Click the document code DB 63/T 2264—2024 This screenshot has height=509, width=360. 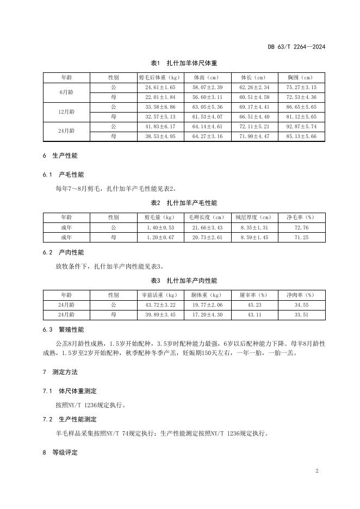[x=296, y=47]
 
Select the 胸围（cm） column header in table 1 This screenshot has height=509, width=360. [x=301, y=78]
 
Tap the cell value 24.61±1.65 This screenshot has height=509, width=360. [x=160, y=88]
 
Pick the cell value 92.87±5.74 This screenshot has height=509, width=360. [x=301, y=127]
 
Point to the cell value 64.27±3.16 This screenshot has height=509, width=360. [x=207, y=136]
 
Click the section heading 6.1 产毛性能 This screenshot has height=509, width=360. [x=64, y=175]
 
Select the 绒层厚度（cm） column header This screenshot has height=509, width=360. [x=254, y=218]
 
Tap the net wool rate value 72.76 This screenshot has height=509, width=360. [x=301, y=227]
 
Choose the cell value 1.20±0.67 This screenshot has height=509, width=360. [x=160, y=238]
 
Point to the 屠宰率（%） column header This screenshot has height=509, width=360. [x=254, y=295]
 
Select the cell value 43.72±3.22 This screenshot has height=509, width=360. [x=160, y=305]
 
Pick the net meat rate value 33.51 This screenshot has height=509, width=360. [x=301, y=315]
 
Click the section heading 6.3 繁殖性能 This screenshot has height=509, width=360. [x=64, y=330]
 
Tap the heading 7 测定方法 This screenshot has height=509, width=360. [x=60, y=373]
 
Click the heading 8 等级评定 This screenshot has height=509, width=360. [x=60, y=452]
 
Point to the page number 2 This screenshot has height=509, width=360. [x=316, y=470]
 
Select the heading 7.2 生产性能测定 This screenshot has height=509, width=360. [x=71, y=420]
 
